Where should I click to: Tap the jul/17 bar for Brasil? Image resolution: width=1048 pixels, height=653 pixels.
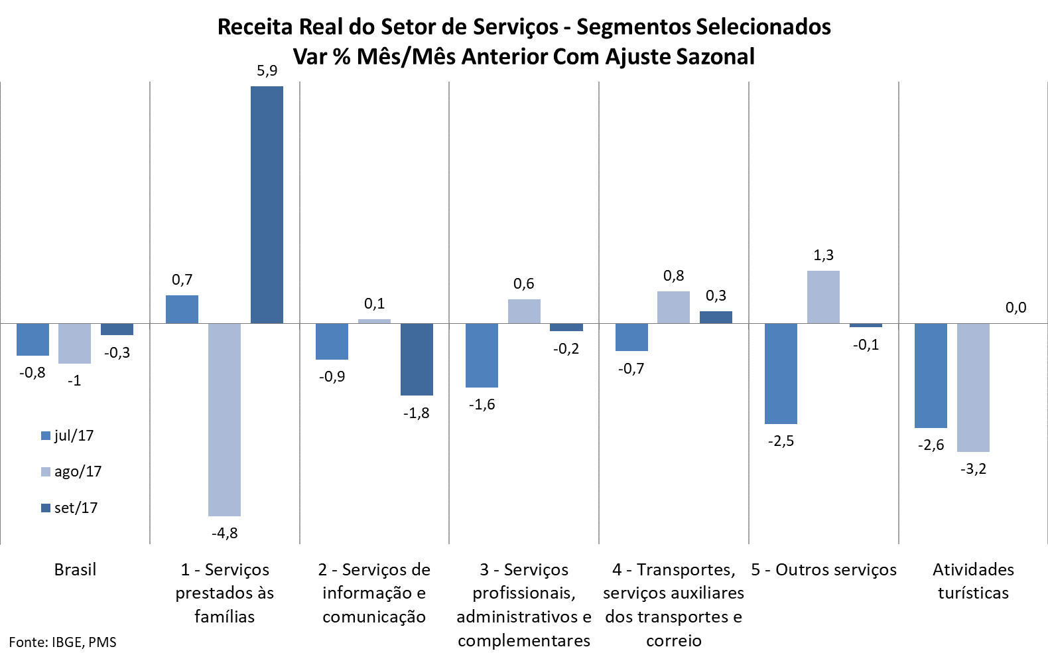tap(33, 339)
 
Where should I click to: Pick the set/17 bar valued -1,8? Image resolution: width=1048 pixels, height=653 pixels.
tap(417, 359)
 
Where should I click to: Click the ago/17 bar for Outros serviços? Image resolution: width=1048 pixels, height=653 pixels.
tap(823, 297)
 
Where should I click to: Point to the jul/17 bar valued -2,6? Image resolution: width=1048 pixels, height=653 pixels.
tap(931, 376)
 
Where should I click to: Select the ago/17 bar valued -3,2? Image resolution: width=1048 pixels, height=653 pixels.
tap(973, 388)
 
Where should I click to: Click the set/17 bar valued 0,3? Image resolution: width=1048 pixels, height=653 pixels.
tap(716, 317)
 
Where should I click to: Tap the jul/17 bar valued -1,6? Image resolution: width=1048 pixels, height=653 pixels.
tap(482, 355)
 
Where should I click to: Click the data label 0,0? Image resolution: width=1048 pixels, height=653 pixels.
tap(1015, 307)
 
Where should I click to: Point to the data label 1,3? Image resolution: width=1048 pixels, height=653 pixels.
tap(823, 255)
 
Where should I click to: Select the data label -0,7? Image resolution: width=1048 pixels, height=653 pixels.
tap(631, 368)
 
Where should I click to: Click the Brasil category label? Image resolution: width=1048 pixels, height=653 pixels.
tap(75, 569)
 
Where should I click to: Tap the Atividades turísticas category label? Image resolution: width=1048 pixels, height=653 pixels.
tap(973, 581)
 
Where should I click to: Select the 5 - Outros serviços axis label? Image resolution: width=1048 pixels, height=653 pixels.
tap(823, 569)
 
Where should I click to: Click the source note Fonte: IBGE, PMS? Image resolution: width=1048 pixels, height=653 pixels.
tap(62, 642)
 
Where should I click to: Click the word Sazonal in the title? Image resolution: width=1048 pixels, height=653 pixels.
tap(715, 56)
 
